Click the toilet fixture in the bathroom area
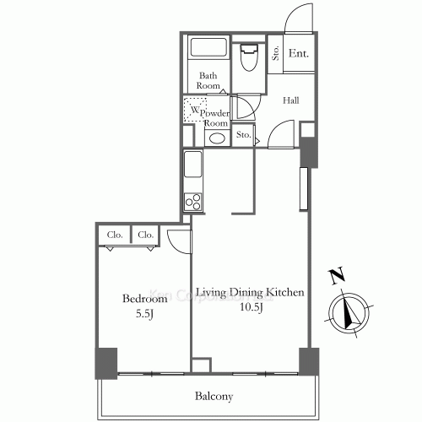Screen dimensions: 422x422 point(248,58)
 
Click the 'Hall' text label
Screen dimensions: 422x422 point(291,100)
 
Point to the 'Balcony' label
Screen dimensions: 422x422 point(215,395)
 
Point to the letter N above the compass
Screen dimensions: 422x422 point(336,276)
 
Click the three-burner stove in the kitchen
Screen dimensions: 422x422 point(192,202)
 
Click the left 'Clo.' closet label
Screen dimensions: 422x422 point(113,235)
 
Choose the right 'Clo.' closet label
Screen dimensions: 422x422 point(144,235)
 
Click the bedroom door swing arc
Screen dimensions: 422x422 point(177,239)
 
